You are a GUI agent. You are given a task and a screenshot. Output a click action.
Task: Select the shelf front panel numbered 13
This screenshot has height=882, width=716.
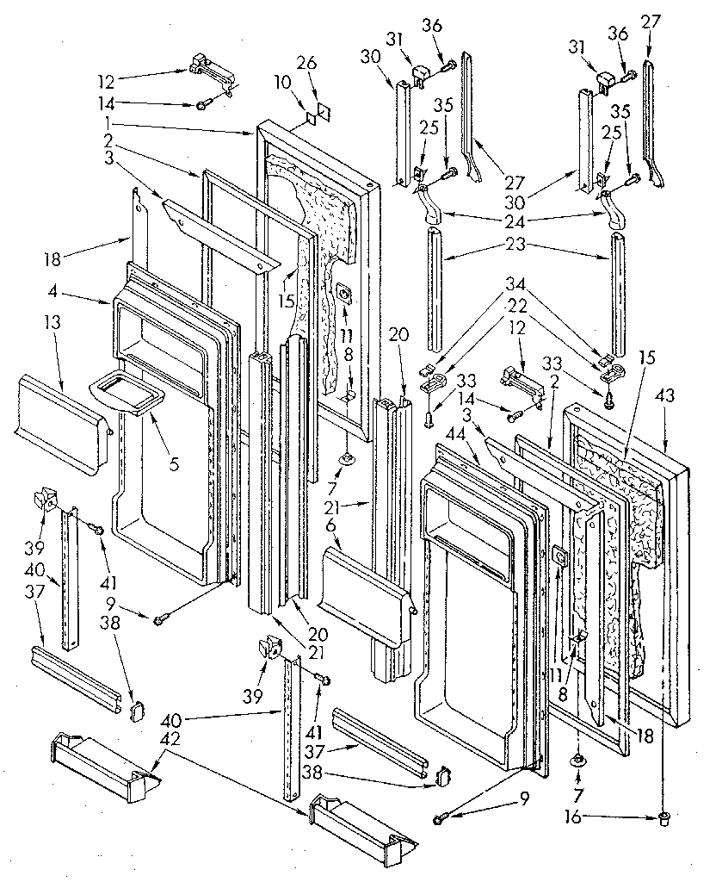pyautogui.click(x=60, y=411)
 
